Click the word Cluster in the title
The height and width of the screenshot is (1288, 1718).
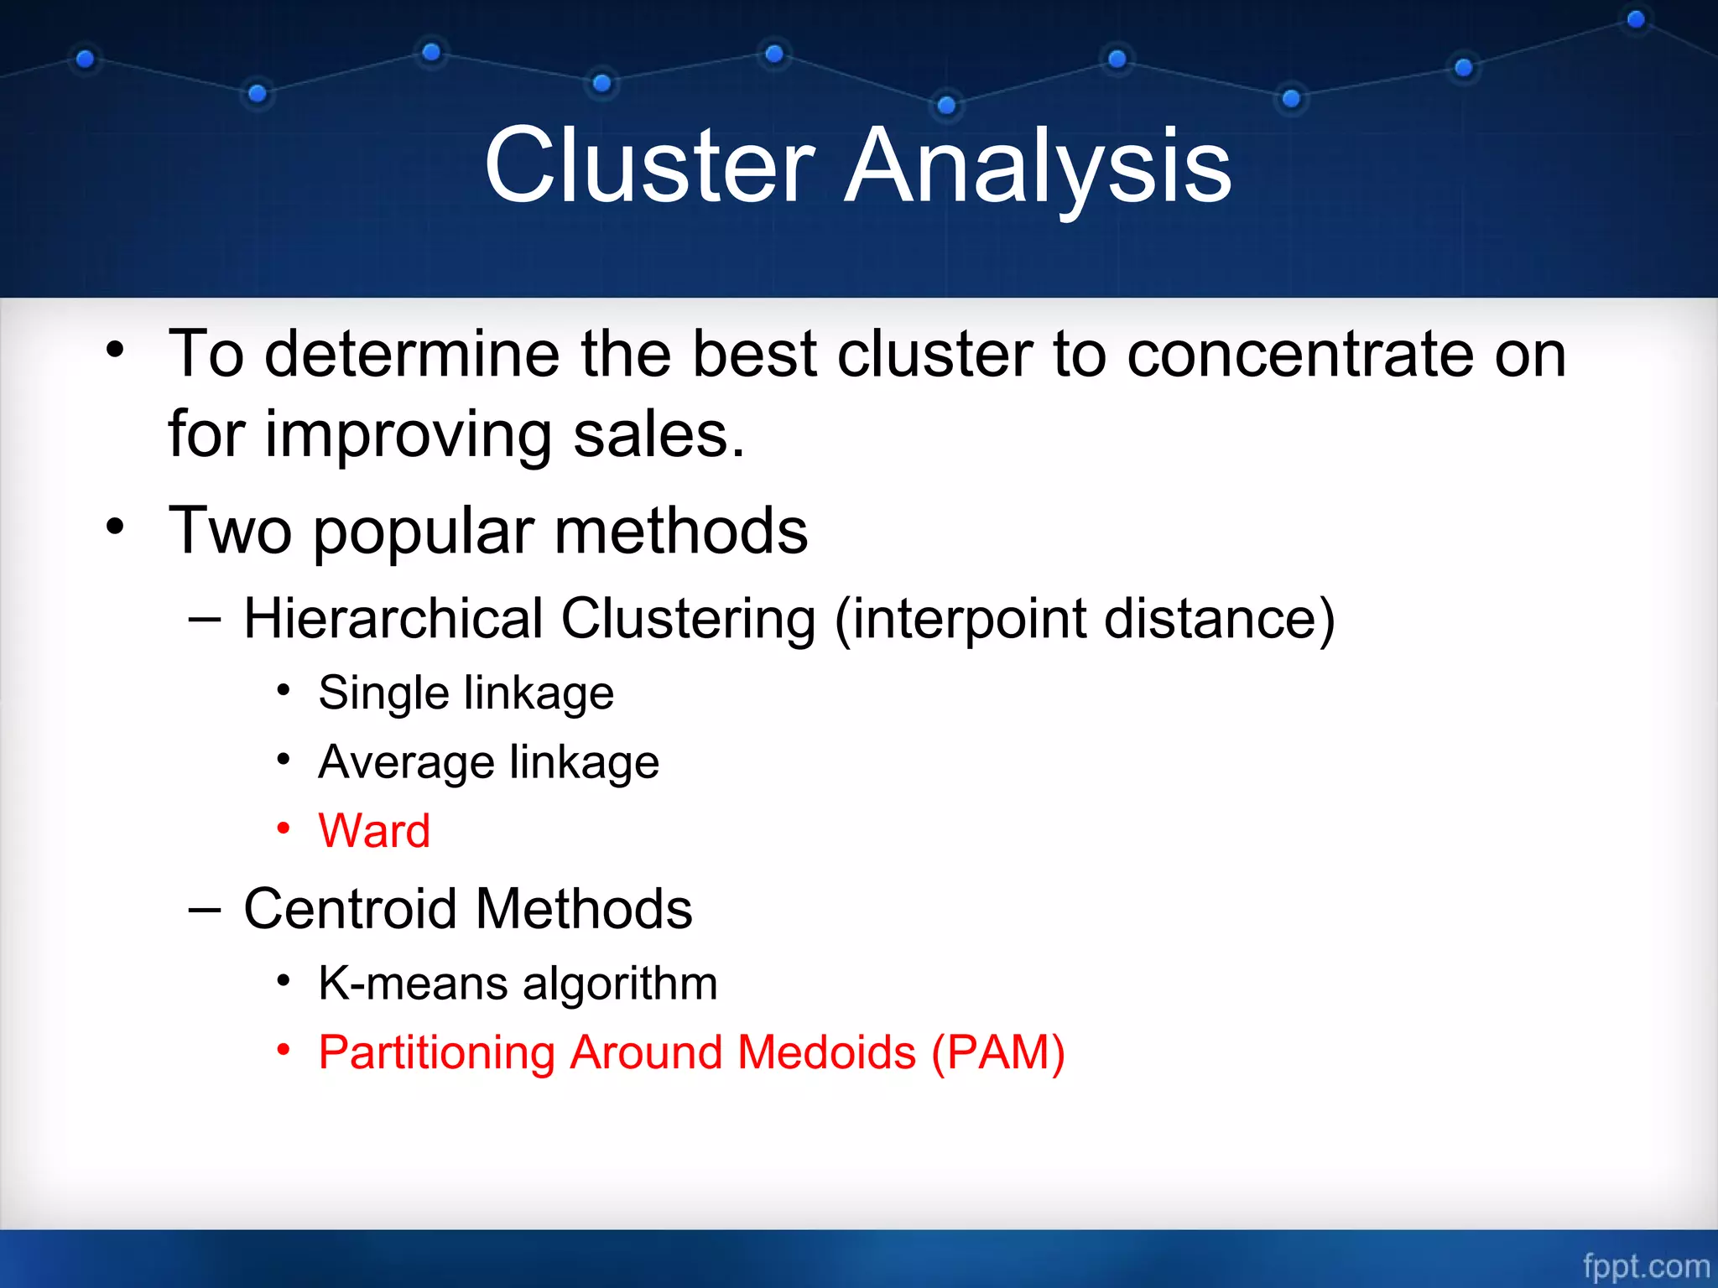650,165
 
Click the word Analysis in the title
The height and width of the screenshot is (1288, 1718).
1038,165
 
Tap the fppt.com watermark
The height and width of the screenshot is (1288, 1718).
1645,1265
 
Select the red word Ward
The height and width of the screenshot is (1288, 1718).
374,831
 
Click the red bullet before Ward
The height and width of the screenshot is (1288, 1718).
284,828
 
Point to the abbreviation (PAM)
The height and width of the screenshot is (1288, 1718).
998,1052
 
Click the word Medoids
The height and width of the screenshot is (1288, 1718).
826,1052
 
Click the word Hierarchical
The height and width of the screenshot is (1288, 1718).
394,619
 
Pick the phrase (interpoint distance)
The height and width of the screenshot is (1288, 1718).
1084,619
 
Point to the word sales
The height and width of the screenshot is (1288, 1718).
658,435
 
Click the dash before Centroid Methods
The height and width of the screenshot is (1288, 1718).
205,909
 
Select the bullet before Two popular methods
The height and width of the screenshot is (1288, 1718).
116,527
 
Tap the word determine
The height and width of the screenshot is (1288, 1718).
412,354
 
